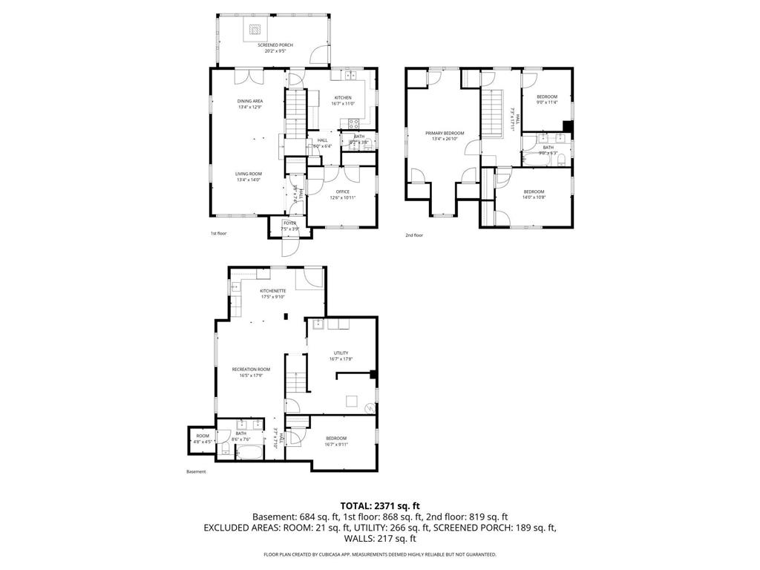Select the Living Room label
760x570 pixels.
249,176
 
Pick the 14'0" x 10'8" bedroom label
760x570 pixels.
534,194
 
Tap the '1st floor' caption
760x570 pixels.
218,234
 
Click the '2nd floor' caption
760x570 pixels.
413,235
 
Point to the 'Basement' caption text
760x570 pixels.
196,471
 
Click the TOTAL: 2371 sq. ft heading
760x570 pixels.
379,505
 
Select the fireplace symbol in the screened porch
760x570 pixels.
255,30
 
